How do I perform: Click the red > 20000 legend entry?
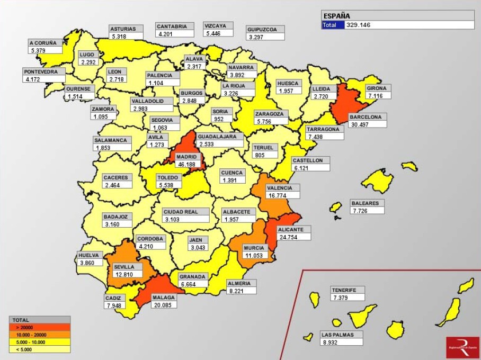(40, 328)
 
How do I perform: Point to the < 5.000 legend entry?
(40, 349)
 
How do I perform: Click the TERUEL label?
(263, 148)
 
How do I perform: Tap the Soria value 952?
(218, 119)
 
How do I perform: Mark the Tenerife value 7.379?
(341, 298)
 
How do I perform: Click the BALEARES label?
(364, 203)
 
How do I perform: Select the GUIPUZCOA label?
(265, 30)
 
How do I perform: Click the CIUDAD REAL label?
(181, 212)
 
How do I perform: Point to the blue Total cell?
(333, 25)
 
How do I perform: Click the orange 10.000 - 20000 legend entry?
(40, 335)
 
